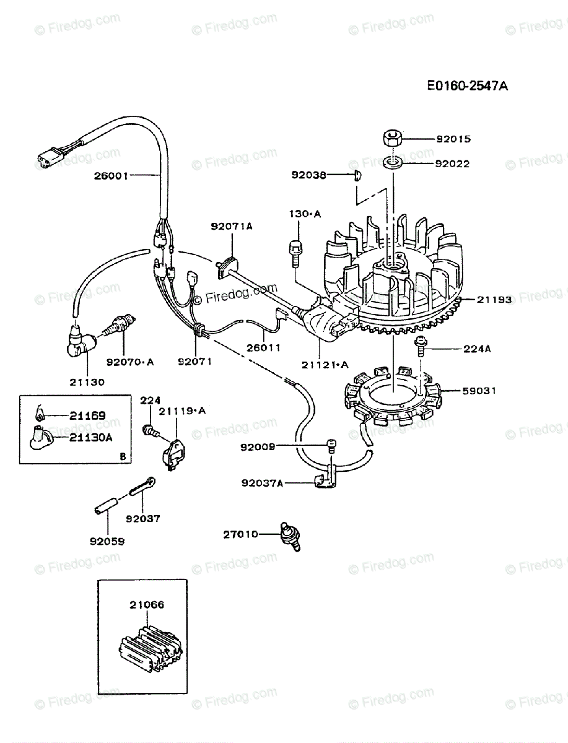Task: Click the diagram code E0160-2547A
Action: coord(467,86)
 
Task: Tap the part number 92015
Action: coord(453,139)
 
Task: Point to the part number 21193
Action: coord(494,299)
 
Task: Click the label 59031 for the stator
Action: coord(479,391)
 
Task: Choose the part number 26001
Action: coord(111,176)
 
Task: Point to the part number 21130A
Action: coord(90,438)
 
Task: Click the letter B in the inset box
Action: coord(123,457)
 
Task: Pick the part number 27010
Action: coord(241,534)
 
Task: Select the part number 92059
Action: coord(107,541)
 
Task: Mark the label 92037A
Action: coord(262,483)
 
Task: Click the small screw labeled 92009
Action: coord(331,446)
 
